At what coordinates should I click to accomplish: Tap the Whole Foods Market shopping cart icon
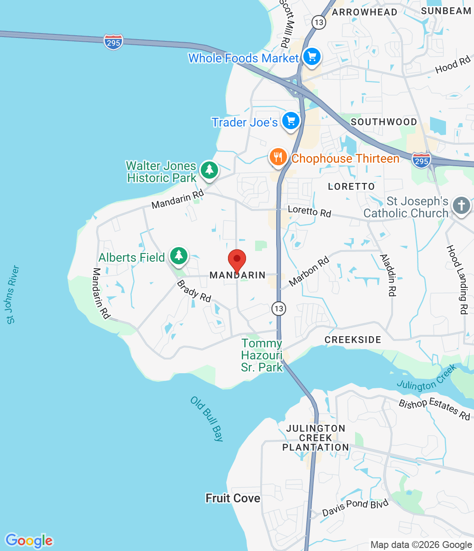(312, 57)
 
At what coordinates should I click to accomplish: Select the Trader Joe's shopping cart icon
(291, 121)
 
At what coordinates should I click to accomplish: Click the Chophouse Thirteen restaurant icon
(278, 158)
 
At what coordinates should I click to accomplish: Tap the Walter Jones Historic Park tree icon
(209, 170)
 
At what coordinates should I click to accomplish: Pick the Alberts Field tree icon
(179, 256)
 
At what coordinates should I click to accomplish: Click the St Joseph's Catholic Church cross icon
(461, 206)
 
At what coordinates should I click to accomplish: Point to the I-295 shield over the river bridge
(113, 42)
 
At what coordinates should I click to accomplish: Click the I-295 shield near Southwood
(421, 160)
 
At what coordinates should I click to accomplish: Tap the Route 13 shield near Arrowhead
(318, 22)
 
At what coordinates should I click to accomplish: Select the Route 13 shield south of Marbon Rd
(279, 308)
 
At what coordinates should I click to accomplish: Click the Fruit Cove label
(233, 498)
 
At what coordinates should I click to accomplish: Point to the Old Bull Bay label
(207, 419)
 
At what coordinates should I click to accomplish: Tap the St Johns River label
(12, 294)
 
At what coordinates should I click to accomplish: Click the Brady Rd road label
(194, 291)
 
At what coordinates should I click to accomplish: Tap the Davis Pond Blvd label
(355, 507)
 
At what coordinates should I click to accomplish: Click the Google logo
(29, 541)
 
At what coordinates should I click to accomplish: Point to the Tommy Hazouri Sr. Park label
(262, 355)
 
